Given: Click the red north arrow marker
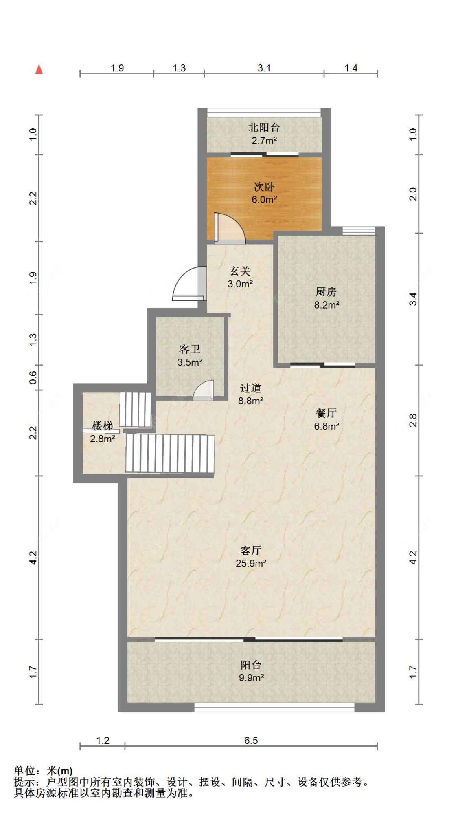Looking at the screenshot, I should tap(39, 69).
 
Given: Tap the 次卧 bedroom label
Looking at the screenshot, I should tap(264, 193).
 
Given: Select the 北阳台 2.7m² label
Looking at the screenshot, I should tap(264, 134).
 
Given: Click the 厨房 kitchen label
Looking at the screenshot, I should tap(326, 298).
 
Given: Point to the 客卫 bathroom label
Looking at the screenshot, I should tap(190, 355).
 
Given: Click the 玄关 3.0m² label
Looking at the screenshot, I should tap(240, 277).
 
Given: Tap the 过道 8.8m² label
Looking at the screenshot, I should tap(250, 394).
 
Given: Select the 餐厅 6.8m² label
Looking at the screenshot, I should tap(326, 419).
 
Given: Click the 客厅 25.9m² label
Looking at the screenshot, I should tap(251, 557).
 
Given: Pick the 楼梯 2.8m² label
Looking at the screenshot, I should tap(102, 432).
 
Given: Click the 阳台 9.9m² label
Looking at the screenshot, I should tap(251, 671).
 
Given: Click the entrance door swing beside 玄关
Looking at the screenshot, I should tap(188, 284).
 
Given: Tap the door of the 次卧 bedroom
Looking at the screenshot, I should tap(229, 229).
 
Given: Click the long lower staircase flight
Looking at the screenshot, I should tap(170, 453).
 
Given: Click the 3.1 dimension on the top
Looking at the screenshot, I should tap(264, 68).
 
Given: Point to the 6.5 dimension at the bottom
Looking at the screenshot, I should tap(251, 741).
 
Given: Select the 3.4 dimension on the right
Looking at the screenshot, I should tap(413, 299).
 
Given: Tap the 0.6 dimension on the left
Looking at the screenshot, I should tap(33, 378).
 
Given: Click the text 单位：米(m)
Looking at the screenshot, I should tap(43, 771).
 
